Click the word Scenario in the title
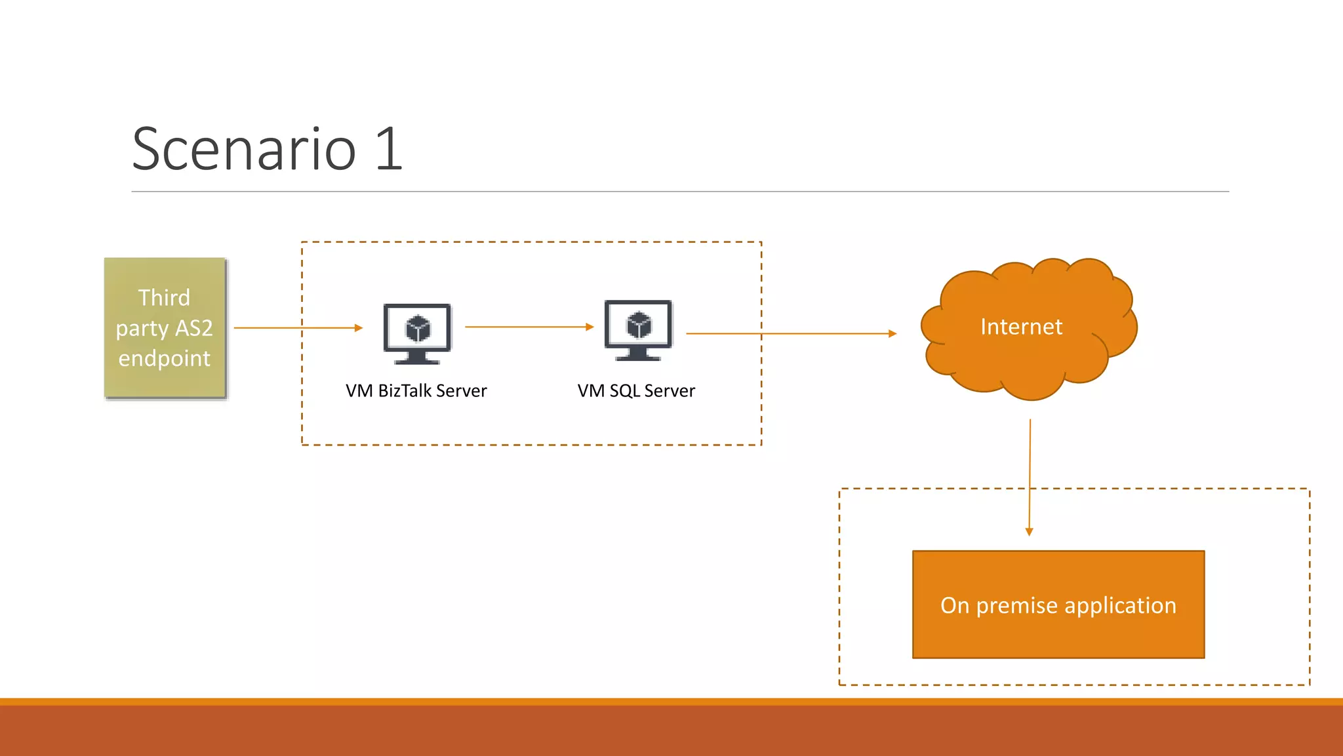point(244,150)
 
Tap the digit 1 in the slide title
point(389,150)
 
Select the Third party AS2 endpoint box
point(165,327)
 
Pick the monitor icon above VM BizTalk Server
point(417,333)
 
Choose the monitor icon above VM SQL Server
point(638,330)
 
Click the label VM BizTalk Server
point(416,391)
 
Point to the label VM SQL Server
point(636,391)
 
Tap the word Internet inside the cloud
point(1021,327)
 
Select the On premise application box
point(1058,604)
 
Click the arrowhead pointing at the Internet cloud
point(892,333)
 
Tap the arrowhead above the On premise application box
point(1029,532)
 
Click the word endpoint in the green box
point(164,358)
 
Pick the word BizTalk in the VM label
point(405,391)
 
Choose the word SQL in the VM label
point(624,391)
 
